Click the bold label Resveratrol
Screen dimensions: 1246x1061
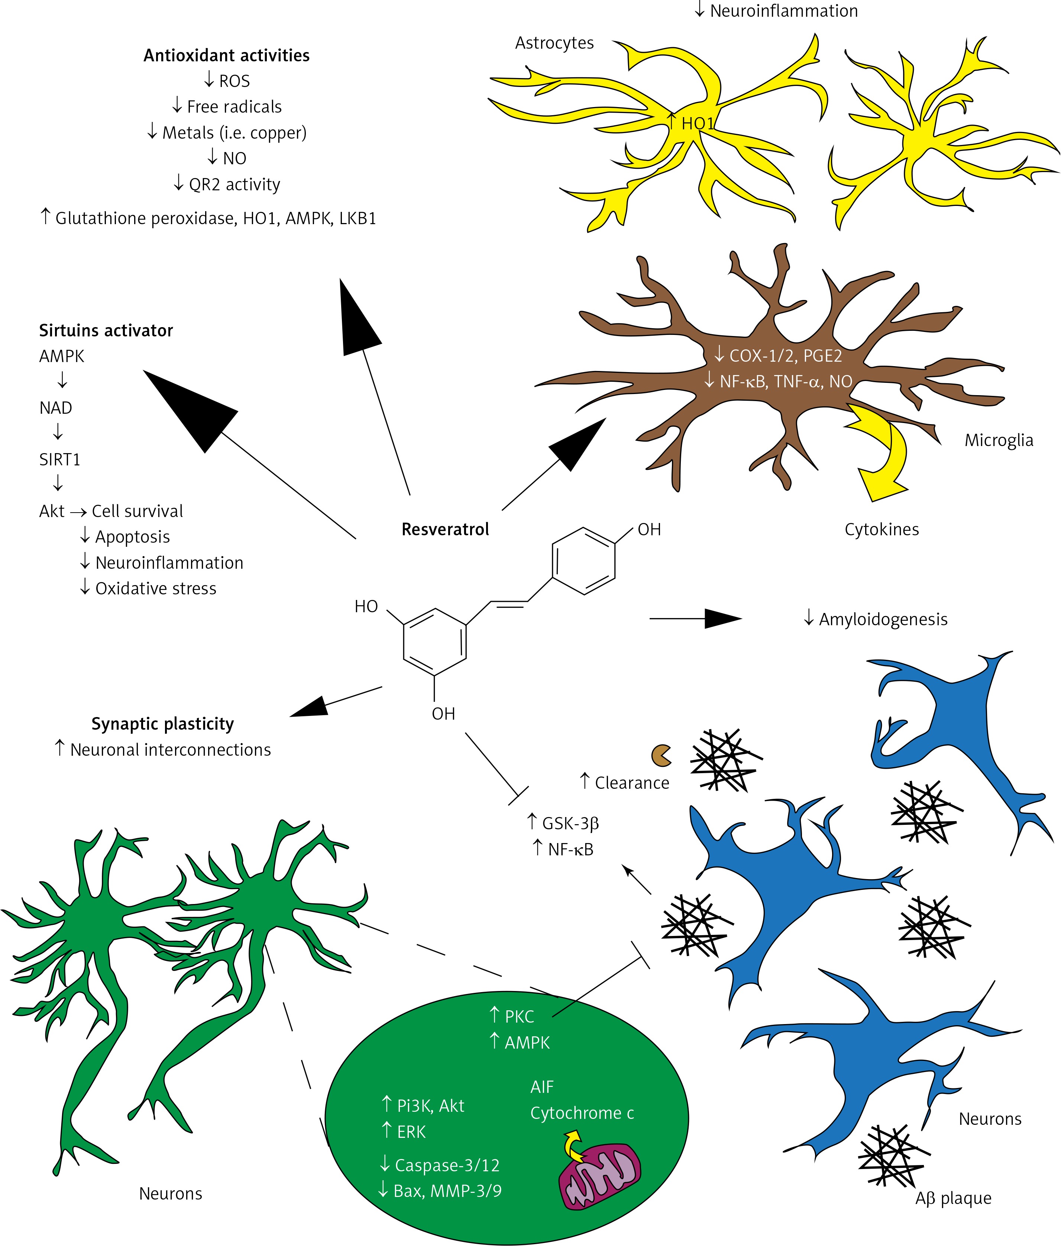(x=445, y=529)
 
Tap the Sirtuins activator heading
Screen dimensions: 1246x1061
(x=106, y=330)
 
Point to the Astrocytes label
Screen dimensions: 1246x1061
(x=554, y=43)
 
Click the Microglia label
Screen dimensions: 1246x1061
(x=999, y=440)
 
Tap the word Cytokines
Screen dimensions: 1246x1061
(x=881, y=529)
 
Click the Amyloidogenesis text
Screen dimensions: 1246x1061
(x=883, y=619)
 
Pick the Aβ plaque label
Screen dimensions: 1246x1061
(x=953, y=1198)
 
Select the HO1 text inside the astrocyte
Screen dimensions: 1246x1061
(x=697, y=123)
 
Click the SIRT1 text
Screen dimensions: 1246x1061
(x=59, y=459)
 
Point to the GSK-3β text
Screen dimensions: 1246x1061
(x=570, y=823)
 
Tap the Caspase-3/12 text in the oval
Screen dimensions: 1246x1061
(x=447, y=1165)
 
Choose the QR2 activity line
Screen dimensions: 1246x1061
(x=234, y=184)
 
